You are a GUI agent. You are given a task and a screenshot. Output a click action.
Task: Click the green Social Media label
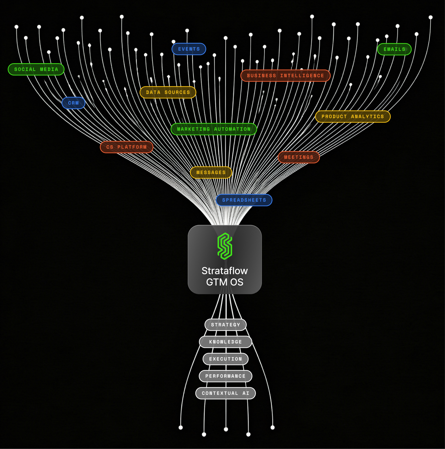point(36,69)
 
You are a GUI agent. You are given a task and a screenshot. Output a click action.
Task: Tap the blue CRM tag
point(73,103)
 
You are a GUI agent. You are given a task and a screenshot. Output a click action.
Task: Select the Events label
point(189,49)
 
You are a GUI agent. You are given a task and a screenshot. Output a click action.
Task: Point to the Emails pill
point(394,49)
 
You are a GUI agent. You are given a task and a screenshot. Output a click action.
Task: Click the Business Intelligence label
point(286,76)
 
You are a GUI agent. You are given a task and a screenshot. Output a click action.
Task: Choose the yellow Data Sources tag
point(168,92)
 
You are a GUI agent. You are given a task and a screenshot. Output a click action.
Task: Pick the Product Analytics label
point(353,117)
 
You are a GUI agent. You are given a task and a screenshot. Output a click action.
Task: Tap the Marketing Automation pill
point(214,129)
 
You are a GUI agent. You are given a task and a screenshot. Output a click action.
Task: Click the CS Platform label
point(127,147)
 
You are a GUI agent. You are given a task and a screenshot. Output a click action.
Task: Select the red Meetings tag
point(299,157)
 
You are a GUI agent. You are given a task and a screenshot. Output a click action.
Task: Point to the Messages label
point(211,173)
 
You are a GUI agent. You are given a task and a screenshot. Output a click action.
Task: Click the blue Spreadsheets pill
point(244,200)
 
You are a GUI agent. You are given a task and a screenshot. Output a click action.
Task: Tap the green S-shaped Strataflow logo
point(225,246)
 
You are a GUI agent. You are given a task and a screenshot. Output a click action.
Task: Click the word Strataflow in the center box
point(225,271)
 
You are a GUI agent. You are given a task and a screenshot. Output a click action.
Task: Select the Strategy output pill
point(226,325)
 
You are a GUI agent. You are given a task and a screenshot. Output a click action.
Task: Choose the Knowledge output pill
point(226,342)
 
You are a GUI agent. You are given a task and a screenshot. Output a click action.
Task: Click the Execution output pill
point(226,359)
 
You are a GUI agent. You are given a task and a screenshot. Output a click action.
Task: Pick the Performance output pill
point(226,376)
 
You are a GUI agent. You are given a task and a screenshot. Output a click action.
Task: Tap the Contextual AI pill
point(226,393)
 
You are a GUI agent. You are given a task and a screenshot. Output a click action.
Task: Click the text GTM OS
point(225,282)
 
